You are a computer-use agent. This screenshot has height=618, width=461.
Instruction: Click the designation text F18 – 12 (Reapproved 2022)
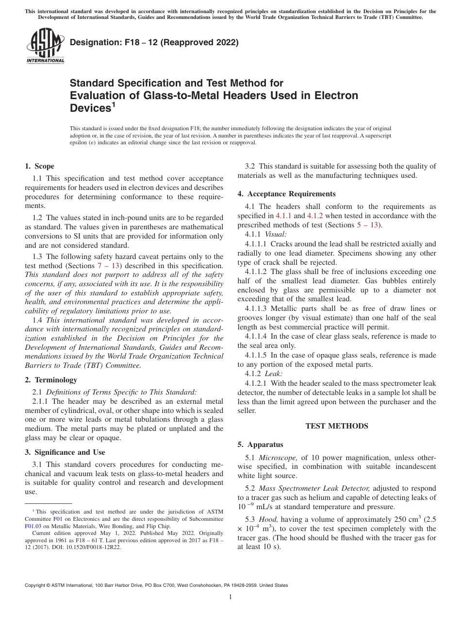pyautogui.click(x=154, y=43)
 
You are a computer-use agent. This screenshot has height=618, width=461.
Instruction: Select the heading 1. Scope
pyautogui.click(x=40, y=166)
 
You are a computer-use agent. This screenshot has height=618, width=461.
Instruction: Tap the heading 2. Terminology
pyautogui.click(x=51, y=380)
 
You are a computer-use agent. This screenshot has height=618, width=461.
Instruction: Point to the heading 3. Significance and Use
pyautogui.click(x=65, y=452)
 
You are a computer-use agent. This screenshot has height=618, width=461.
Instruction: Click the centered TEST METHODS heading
pyautogui.click(x=337, y=426)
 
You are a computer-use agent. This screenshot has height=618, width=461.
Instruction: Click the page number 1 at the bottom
pyautogui.click(x=230, y=597)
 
